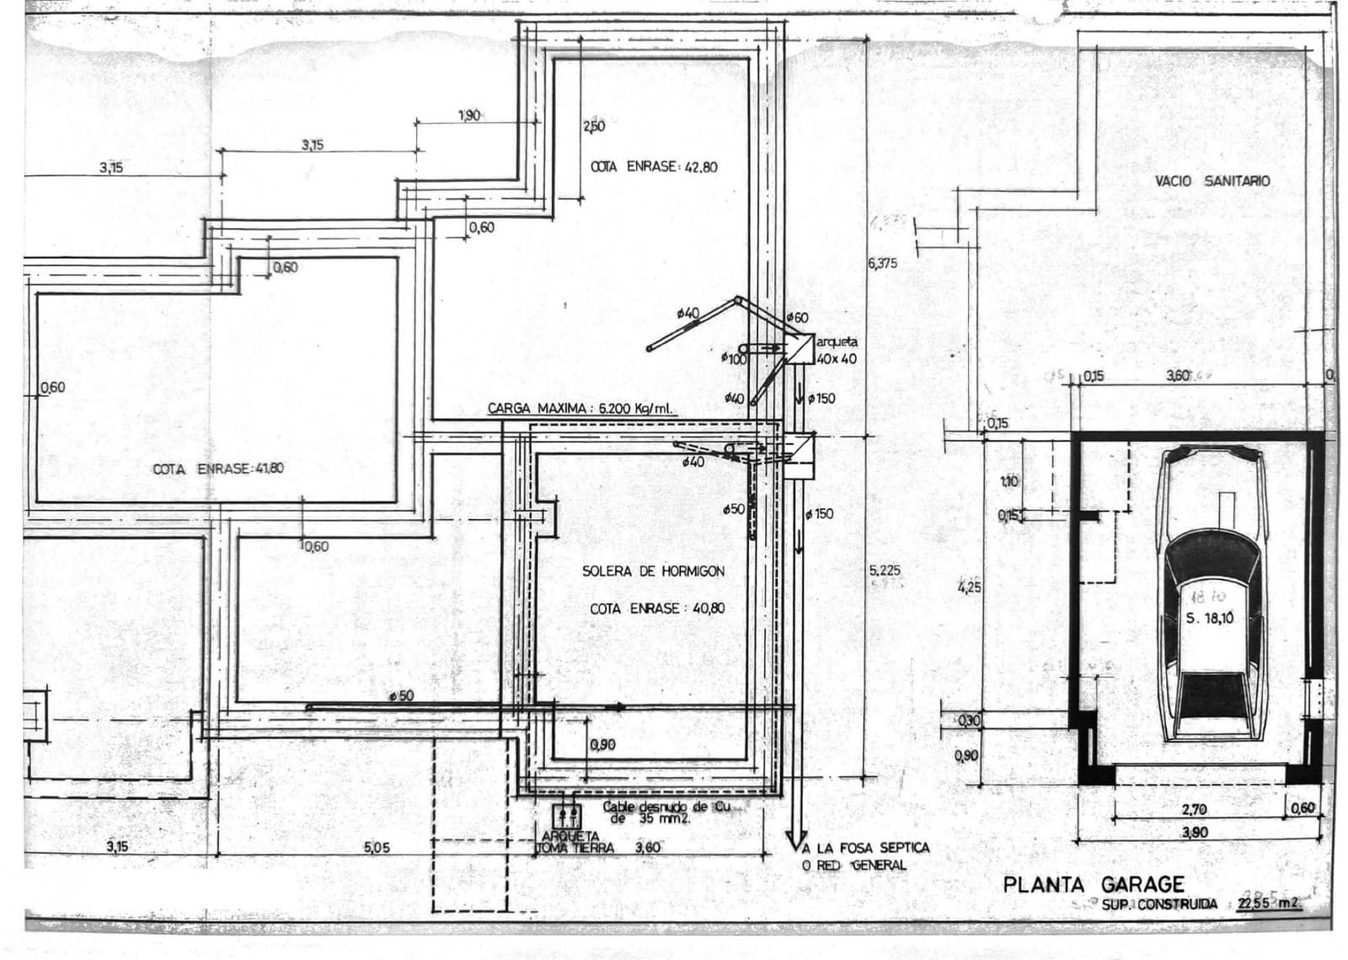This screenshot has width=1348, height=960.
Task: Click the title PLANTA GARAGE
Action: [1093, 884]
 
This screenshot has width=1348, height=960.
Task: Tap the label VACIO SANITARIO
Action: [1212, 181]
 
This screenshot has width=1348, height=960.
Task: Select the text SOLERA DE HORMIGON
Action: [653, 571]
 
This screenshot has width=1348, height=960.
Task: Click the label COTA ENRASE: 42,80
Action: [654, 167]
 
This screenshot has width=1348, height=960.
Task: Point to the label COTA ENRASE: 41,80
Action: [217, 469]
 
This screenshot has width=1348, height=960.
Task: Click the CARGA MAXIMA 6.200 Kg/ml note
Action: [580, 409]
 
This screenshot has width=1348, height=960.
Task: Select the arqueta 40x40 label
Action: [837, 351]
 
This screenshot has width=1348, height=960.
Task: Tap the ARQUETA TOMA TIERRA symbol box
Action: [566, 816]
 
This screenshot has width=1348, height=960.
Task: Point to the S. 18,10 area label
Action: [1209, 618]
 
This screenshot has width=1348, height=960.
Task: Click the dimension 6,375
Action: [882, 264]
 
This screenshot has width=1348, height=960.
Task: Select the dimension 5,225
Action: [884, 571]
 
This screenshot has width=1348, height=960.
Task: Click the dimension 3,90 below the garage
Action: [1195, 833]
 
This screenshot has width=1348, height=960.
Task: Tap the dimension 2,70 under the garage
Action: [1194, 810]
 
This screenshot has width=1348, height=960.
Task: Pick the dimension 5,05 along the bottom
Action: [377, 848]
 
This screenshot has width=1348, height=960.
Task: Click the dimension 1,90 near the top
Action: [469, 115]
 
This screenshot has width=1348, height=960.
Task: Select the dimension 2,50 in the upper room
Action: [593, 126]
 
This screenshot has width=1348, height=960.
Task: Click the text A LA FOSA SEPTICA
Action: [866, 848]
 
